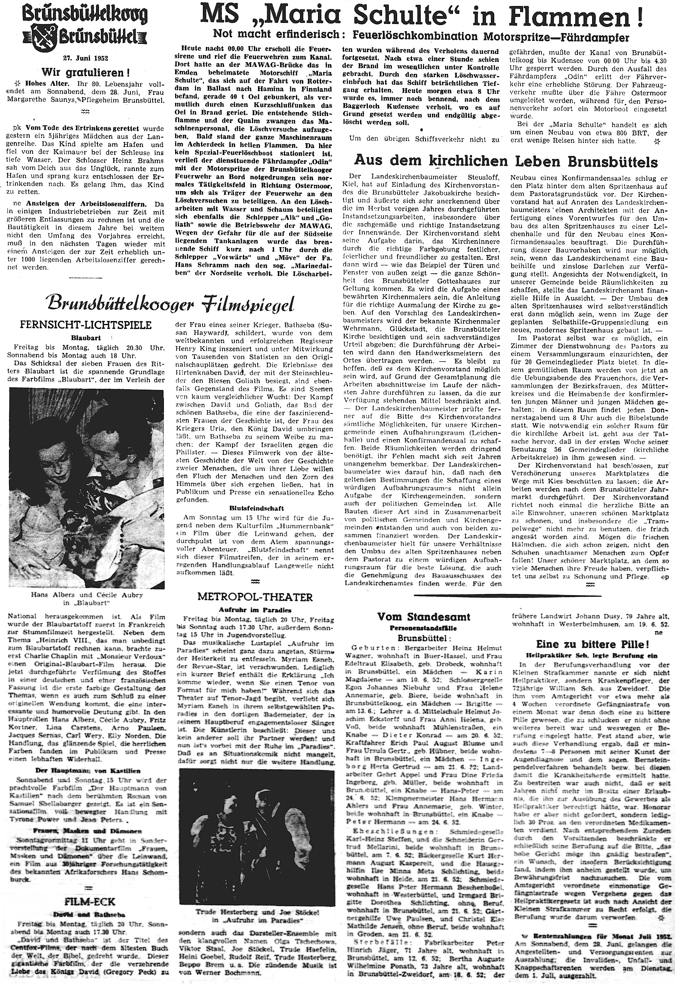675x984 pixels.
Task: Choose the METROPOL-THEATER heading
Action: pyautogui.click(x=255, y=597)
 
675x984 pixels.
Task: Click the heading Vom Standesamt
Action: pyautogui.click(x=424, y=617)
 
